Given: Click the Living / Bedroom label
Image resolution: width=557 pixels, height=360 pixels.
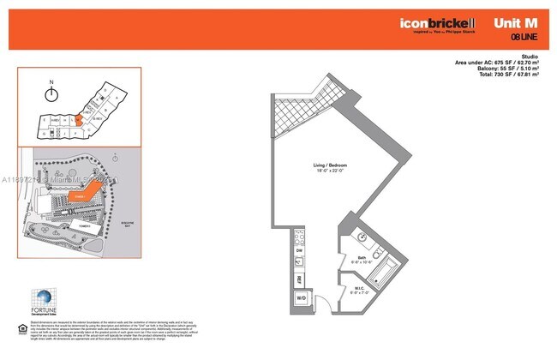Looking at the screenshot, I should coord(331,167).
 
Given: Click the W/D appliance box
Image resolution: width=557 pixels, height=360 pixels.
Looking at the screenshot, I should coord(301,298).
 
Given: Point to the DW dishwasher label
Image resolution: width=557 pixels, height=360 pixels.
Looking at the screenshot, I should coord(299,249).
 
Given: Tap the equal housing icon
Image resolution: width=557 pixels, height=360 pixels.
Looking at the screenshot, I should coord(23,328).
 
